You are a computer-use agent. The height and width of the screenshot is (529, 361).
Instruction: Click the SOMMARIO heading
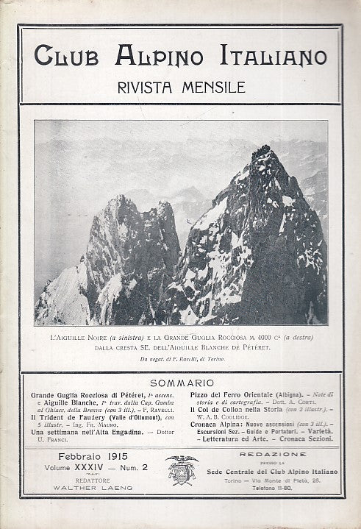180,383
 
